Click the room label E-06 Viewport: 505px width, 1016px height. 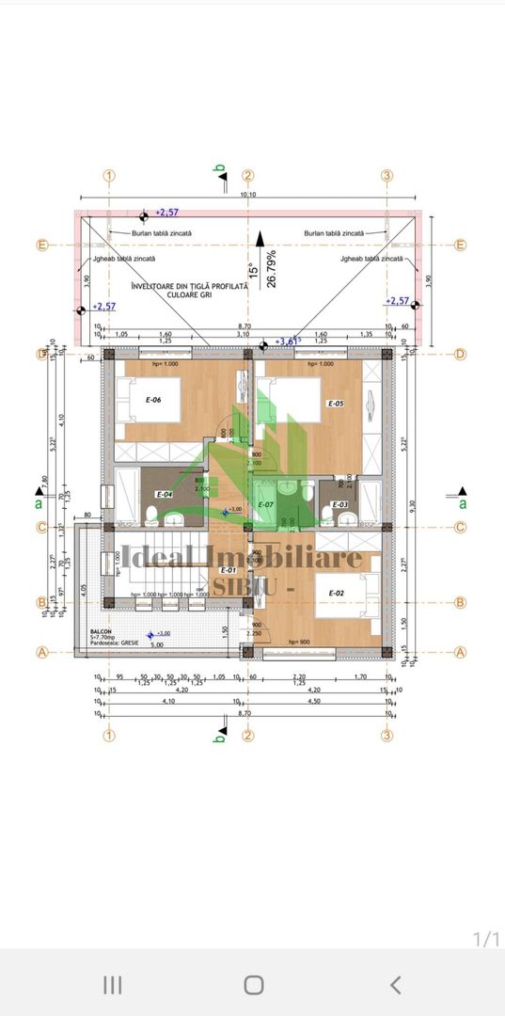[x=153, y=400]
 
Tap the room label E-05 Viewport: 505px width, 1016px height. [x=335, y=404]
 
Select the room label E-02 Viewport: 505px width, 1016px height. [x=335, y=592]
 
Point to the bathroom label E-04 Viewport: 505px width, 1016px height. [x=164, y=494]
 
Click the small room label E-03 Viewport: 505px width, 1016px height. [x=340, y=505]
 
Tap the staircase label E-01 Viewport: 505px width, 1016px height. [x=228, y=570]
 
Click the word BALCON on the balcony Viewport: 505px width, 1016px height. [x=103, y=633]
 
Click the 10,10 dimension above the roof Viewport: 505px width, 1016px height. [x=247, y=195]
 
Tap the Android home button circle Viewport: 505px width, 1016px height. [x=253, y=984]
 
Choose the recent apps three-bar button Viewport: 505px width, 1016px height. [x=112, y=984]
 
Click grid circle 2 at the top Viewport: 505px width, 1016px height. [x=248, y=175]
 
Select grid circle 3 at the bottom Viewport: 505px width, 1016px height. [x=386, y=736]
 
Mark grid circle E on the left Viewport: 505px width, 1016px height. [x=41, y=245]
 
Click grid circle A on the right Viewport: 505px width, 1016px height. [x=461, y=651]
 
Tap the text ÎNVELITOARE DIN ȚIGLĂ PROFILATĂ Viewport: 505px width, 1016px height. [x=189, y=285]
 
